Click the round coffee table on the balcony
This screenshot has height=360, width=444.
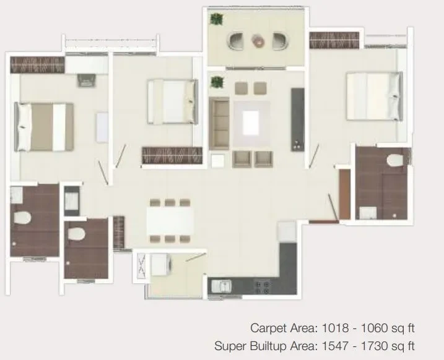coord(258,40)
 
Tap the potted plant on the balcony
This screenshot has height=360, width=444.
coord(217,19)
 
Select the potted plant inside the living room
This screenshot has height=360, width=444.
coord(217,82)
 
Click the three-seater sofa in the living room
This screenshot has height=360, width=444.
coord(219,124)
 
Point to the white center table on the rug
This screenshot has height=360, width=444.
coord(251,123)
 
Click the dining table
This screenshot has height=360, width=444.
coord(170,221)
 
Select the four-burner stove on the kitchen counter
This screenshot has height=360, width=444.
coord(262,287)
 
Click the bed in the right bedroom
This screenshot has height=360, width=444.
coord(374,96)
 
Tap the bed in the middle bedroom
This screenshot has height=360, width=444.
coord(172,102)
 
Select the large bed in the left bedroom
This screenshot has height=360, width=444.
coord(44,127)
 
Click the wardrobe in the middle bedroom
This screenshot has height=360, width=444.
coord(172,155)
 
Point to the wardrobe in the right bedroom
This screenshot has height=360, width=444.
coord(334,40)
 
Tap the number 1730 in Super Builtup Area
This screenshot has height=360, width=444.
coord(374,346)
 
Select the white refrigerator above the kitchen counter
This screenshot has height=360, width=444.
coord(287,231)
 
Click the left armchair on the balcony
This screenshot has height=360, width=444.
coord(235,41)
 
